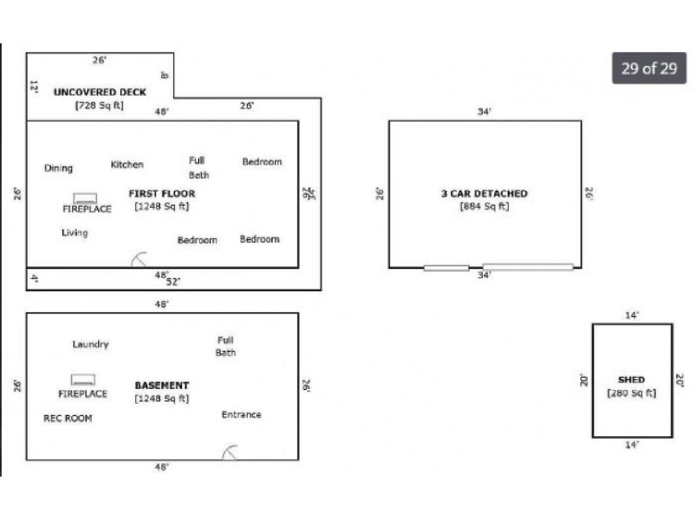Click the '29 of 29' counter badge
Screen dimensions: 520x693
(649, 68)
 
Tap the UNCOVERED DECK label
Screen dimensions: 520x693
(100, 92)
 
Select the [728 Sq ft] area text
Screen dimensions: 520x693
(99, 106)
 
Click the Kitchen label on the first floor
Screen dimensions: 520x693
(127, 165)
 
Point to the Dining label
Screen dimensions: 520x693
(59, 168)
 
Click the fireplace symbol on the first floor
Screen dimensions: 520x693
(85, 198)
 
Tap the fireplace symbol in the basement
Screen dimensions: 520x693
(83, 380)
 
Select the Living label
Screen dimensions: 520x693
(74, 233)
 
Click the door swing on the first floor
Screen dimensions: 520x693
(140, 260)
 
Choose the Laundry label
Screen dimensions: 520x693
(91, 344)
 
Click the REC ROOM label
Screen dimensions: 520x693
(68, 418)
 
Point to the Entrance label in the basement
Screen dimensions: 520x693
(241, 414)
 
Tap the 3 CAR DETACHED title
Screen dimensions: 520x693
(485, 194)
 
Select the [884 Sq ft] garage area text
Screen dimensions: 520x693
(485, 206)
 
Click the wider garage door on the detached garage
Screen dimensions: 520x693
(528, 267)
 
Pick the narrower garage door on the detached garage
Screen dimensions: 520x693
(446, 268)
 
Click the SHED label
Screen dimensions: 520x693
(631, 380)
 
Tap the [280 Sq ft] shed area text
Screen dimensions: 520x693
(631, 393)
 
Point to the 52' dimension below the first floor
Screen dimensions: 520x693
(173, 282)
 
